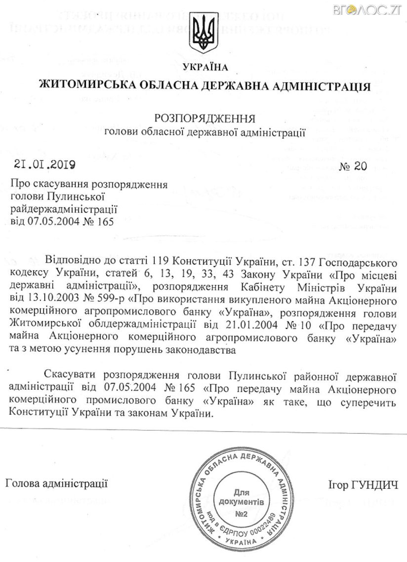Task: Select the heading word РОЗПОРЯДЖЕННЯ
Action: tap(205, 119)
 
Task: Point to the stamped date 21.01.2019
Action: tap(41, 165)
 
